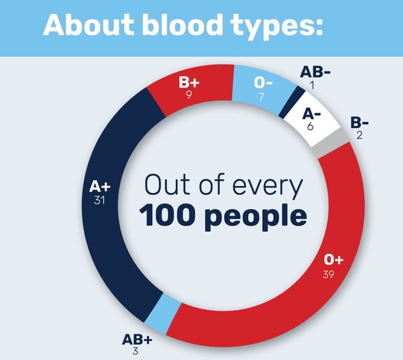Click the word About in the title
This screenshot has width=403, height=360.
point(89,25)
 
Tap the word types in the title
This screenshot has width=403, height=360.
point(276,27)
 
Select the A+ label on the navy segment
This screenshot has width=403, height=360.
point(100,187)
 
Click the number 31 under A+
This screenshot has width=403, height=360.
point(100,200)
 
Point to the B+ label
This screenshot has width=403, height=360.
point(189,82)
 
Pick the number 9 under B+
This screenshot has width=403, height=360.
point(189,95)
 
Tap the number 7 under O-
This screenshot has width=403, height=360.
point(261,97)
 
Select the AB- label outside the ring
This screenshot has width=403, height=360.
point(315,71)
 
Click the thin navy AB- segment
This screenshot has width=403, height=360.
point(292,102)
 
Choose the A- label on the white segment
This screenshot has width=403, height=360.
point(311,114)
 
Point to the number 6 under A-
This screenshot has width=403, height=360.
point(311,126)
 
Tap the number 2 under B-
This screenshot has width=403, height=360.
point(359,135)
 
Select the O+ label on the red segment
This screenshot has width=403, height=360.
point(334,260)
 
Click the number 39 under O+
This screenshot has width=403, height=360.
point(328,274)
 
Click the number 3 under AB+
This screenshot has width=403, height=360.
point(135,351)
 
